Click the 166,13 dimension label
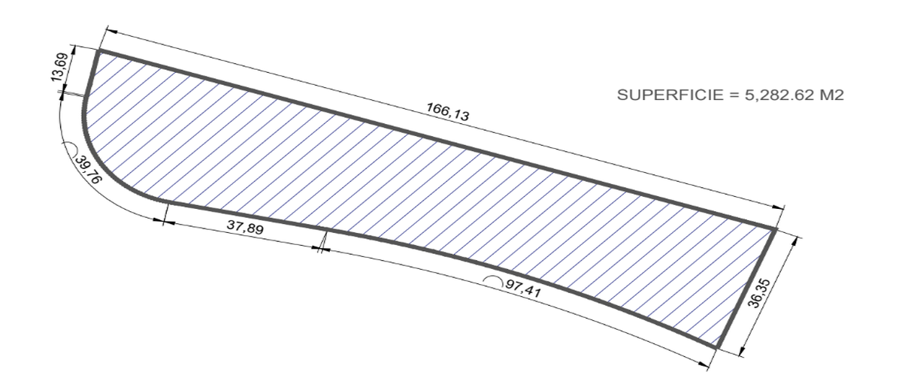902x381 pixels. (448, 111)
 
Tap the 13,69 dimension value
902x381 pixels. (59, 68)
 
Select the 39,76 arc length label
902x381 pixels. (89, 170)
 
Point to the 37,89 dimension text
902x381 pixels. (245, 228)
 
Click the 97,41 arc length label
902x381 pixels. (523, 289)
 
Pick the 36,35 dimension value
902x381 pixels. (759, 293)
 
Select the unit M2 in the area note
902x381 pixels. (832, 95)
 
